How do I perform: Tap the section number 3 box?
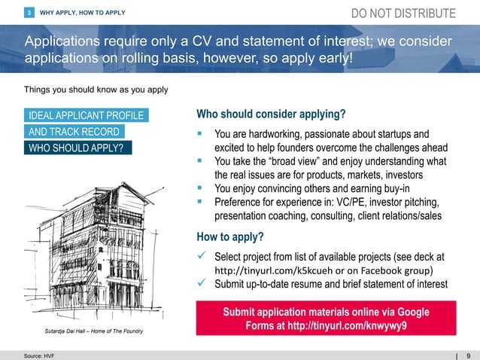pos(29,13)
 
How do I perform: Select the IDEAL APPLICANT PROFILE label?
pos(84,115)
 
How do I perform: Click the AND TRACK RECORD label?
pos(74,131)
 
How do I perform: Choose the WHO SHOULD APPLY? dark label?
pos(76,147)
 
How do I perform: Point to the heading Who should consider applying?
pos(271,114)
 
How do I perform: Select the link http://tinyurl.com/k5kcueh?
pos(263,270)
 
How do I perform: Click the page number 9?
pos(469,355)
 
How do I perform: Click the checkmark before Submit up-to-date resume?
pos(201,284)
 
